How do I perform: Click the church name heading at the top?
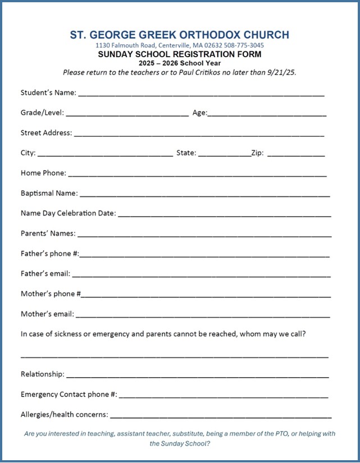pos(180,35)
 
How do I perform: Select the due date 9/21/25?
pos(284,72)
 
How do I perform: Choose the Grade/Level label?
pos(42,113)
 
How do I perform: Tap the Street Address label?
pos(46,133)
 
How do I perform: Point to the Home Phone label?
pos(43,173)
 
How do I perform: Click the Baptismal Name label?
pos(49,193)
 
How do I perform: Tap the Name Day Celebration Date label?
pos(68,213)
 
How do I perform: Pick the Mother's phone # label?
pos(51,294)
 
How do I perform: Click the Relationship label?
pos(42,374)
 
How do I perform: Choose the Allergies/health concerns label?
pos(64,414)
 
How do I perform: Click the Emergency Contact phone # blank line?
pos(224,397)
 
